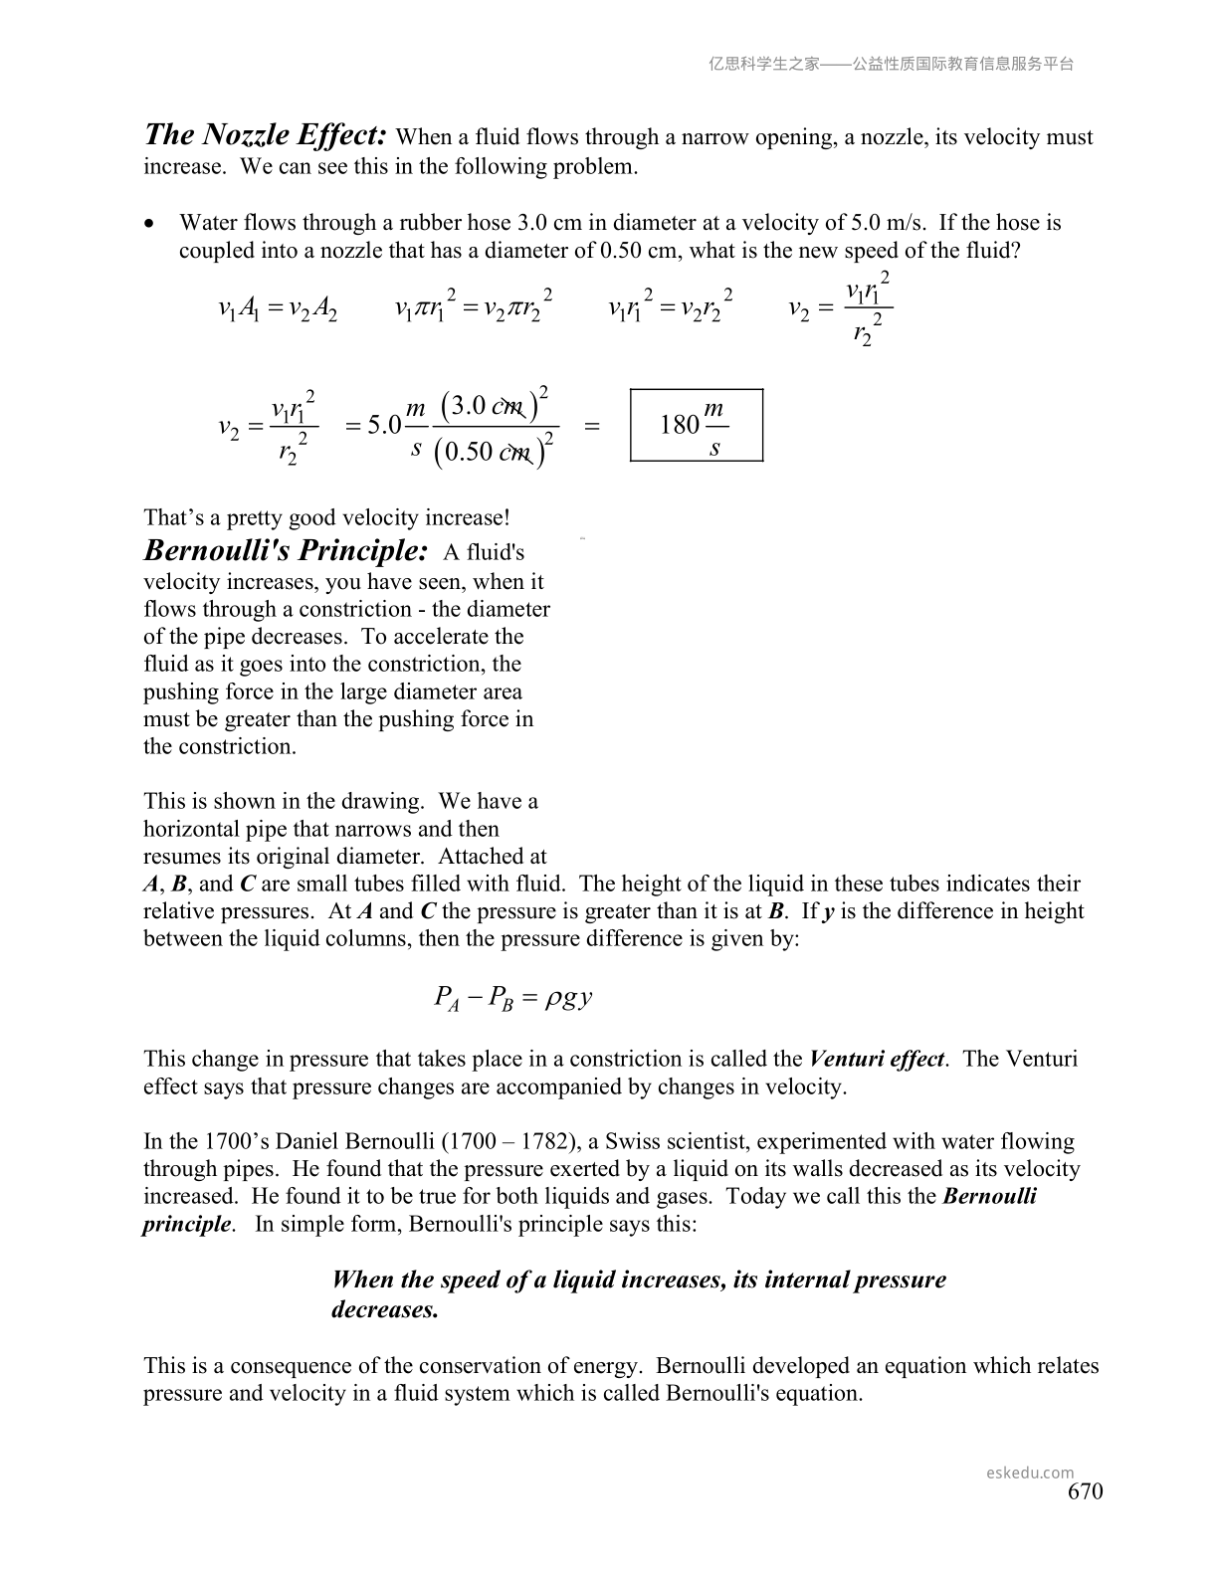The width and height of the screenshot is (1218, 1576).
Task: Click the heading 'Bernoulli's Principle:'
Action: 287,550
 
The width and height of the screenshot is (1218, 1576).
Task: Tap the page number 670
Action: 1085,1491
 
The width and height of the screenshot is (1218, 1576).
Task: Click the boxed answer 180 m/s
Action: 697,426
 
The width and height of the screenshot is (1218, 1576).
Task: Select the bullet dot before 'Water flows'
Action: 150,224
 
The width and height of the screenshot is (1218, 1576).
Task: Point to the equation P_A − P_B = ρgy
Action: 513,997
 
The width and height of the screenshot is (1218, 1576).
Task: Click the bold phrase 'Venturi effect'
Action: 877,1059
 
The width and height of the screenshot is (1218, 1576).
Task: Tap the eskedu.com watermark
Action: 1030,1473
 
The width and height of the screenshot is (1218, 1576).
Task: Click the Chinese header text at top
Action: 891,64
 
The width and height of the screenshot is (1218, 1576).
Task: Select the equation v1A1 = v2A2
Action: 278,309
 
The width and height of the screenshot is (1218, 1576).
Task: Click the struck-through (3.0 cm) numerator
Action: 495,405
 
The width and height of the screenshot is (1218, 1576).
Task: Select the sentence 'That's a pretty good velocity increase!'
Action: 326,517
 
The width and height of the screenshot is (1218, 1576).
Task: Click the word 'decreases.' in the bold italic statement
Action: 385,1309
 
